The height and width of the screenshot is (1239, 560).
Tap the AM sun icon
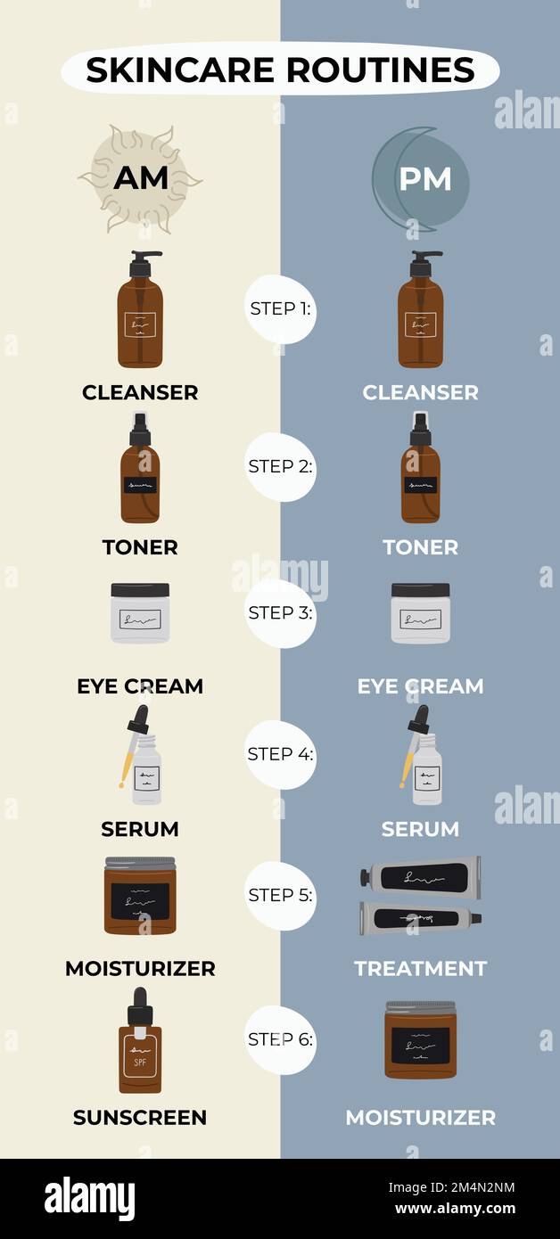coord(140,178)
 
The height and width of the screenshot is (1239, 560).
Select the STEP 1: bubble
coord(280,309)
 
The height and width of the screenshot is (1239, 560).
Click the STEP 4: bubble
coord(280,754)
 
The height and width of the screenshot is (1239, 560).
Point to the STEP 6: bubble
coord(280,1039)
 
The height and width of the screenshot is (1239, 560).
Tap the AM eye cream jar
coord(140,613)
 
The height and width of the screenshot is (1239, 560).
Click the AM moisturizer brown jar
coord(140,896)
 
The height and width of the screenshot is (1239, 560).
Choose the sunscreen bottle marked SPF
coord(140,1052)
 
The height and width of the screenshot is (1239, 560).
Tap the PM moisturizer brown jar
coord(420,1040)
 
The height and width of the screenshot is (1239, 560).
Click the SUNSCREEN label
coord(140,1118)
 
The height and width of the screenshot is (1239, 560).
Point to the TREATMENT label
coord(420,969)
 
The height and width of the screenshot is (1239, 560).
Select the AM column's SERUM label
coord(140,829)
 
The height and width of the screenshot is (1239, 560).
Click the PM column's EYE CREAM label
coord(420,686)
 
